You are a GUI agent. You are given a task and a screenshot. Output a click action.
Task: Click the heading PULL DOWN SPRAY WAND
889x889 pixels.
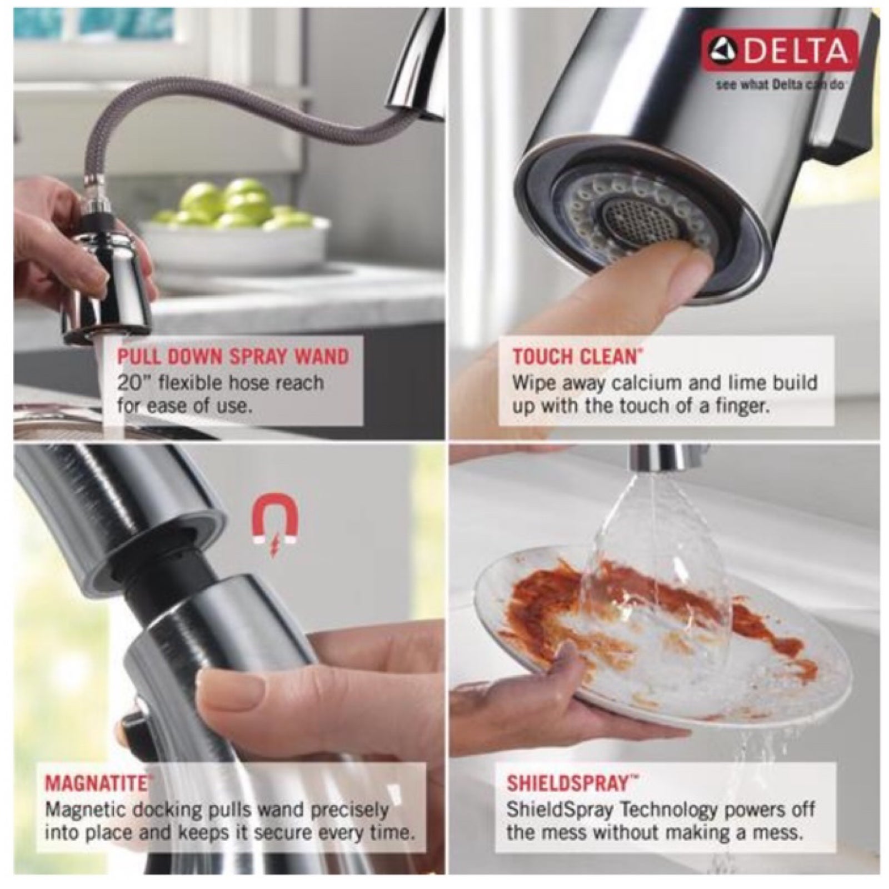[233, 356]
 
